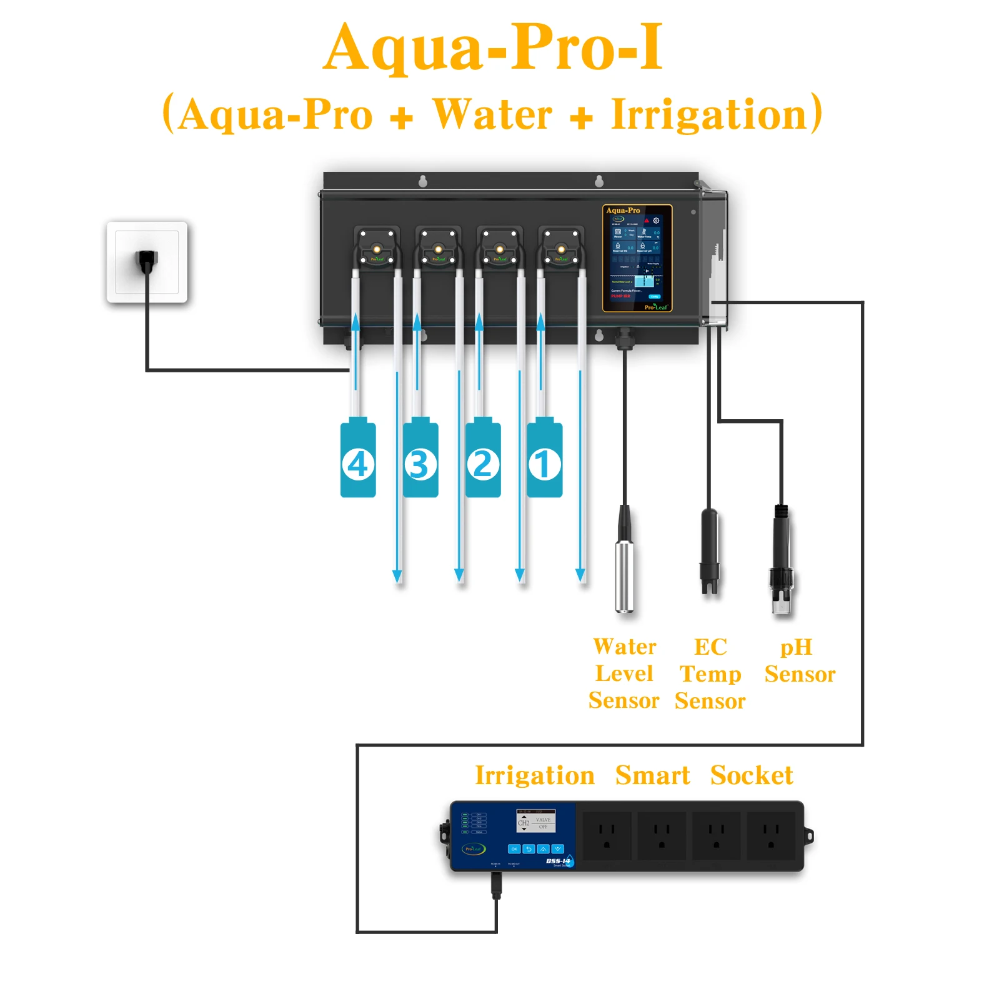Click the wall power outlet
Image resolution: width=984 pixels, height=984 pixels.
click(147, 262)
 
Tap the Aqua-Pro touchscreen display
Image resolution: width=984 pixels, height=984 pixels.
click(637, 258)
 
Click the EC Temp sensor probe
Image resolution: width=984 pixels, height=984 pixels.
click(709, 550)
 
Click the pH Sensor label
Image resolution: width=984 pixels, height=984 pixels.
click(799, 660)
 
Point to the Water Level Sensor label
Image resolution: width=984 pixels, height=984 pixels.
click(624, 673)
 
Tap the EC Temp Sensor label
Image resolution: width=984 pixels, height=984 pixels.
click(710, 673)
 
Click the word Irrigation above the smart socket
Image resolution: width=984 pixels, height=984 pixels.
click(534, 775)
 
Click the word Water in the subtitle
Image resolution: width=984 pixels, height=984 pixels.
click(493, 114)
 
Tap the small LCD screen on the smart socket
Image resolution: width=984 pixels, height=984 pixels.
click(535, 822)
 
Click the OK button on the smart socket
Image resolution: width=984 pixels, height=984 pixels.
click(514, 849)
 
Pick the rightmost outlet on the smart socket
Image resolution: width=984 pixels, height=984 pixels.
click(771, 836)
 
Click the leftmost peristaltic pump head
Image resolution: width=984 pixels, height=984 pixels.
click(377, 248)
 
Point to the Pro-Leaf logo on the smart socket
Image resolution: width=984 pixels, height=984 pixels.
click(474, 849)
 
